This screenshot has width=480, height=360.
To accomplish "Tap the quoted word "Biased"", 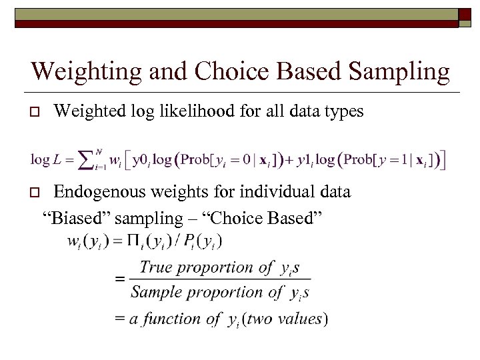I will click(73, 218).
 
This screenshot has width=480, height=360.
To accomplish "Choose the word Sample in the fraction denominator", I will click(154, 292).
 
